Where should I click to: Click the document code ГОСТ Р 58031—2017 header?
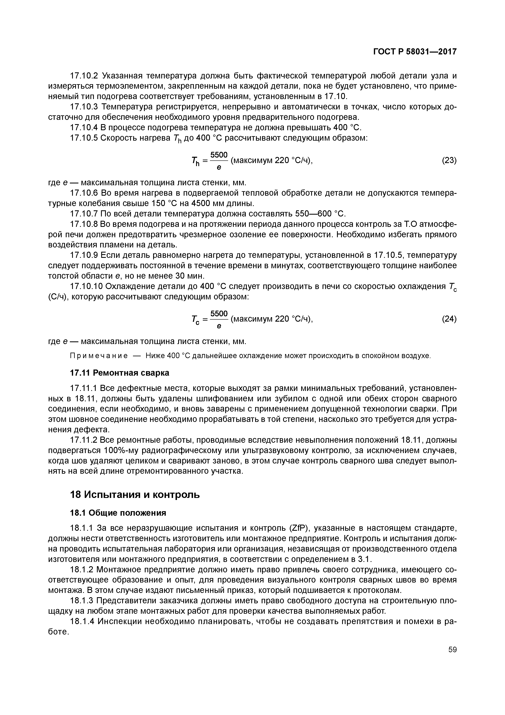[415, 52]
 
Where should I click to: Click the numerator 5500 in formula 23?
[219, 155]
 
